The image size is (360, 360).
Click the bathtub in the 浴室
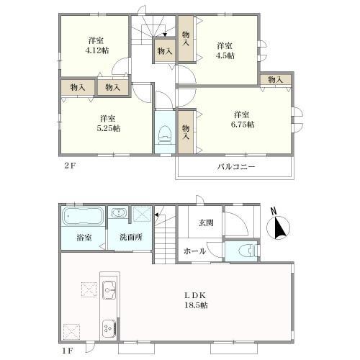(84, 216)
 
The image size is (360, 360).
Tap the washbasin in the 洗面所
(119, 213)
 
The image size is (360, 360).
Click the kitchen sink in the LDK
(109, 290)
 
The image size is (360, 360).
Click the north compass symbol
(279, 227)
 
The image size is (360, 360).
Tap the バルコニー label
(236, 166)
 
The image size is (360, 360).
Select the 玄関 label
(206, 223)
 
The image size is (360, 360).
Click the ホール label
(194, 251)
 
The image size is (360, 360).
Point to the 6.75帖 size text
(243, 125)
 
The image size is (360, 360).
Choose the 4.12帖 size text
(97, 50)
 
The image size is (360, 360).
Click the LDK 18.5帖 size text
(196, 305)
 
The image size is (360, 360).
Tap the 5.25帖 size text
(109, 128)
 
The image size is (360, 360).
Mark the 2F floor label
(70, 166)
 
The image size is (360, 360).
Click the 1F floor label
(68, 351)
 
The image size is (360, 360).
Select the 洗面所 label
(131, 238)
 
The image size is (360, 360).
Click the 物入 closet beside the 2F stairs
(165, 51)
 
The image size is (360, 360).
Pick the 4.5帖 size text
(225, 55)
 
